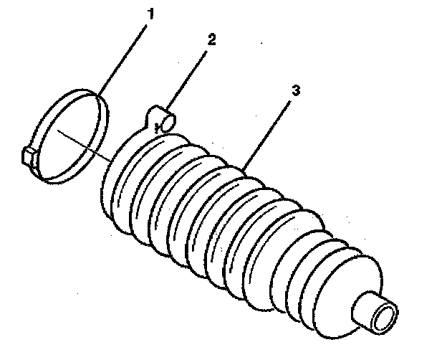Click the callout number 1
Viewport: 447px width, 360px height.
pos(150,12)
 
